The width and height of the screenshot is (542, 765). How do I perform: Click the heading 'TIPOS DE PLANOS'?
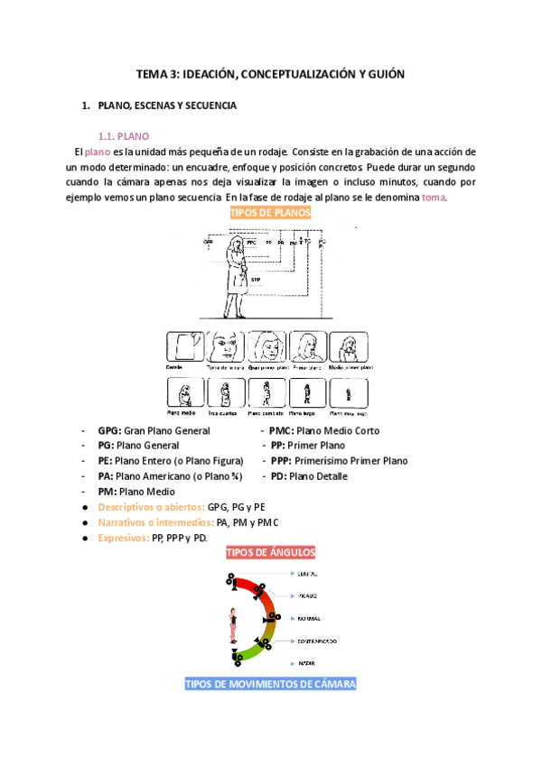(x=271, y=213)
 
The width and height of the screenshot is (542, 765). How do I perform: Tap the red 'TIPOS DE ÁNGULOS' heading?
(x=271, y=552)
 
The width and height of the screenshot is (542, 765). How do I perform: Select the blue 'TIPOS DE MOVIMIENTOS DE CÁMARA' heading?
(x=271, y=684)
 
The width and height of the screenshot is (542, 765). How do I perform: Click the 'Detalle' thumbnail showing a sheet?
(x=186, y=347)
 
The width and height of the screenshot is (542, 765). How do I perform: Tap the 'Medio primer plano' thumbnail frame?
(x=349, y=347)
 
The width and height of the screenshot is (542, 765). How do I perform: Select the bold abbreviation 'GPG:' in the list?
(x=109, y=431)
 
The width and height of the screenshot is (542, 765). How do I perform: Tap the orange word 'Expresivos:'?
(x=124, y=538)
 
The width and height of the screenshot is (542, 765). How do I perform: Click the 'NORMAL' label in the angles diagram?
(x=309, y=619)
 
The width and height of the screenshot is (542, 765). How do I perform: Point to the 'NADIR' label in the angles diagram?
(x=306, y=663)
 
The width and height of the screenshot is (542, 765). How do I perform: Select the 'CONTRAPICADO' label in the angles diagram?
(x=317, y=641)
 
